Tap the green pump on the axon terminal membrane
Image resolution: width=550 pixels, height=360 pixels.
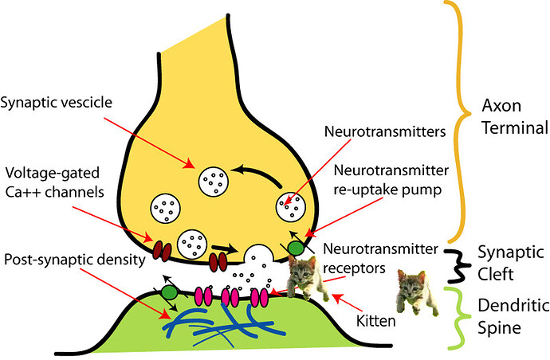(x=296, y=248)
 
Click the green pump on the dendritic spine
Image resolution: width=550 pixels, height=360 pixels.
(x=169, y=292)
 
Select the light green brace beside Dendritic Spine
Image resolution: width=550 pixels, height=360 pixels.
(x=455, y=317)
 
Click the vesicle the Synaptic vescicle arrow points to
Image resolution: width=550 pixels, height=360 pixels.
(x=214, y=178)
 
